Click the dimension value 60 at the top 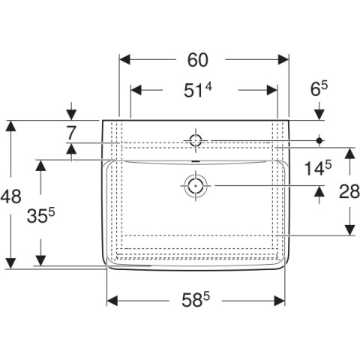coord(197,60)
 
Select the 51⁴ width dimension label coord(198,90)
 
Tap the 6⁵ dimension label coord(319,89)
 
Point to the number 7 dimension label coord(71,133)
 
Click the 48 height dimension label coord(10,196)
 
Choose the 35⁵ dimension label coord(40,216)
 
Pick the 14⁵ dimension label coord(318,168)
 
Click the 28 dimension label coord(349,192)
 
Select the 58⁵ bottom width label coord(196,300)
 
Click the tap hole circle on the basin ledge coord(196,135)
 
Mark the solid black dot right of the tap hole coord(319,140)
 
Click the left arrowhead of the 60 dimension coord(124,60)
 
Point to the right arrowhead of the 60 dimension coord(283,60)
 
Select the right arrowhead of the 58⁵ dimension coord(280,301)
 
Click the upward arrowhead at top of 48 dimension coord(10,126)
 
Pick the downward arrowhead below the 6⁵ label coord(319,115)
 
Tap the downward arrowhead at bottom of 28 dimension coord(349,230)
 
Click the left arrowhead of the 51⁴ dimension coord(136,90)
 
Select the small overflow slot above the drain coord(196,161)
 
